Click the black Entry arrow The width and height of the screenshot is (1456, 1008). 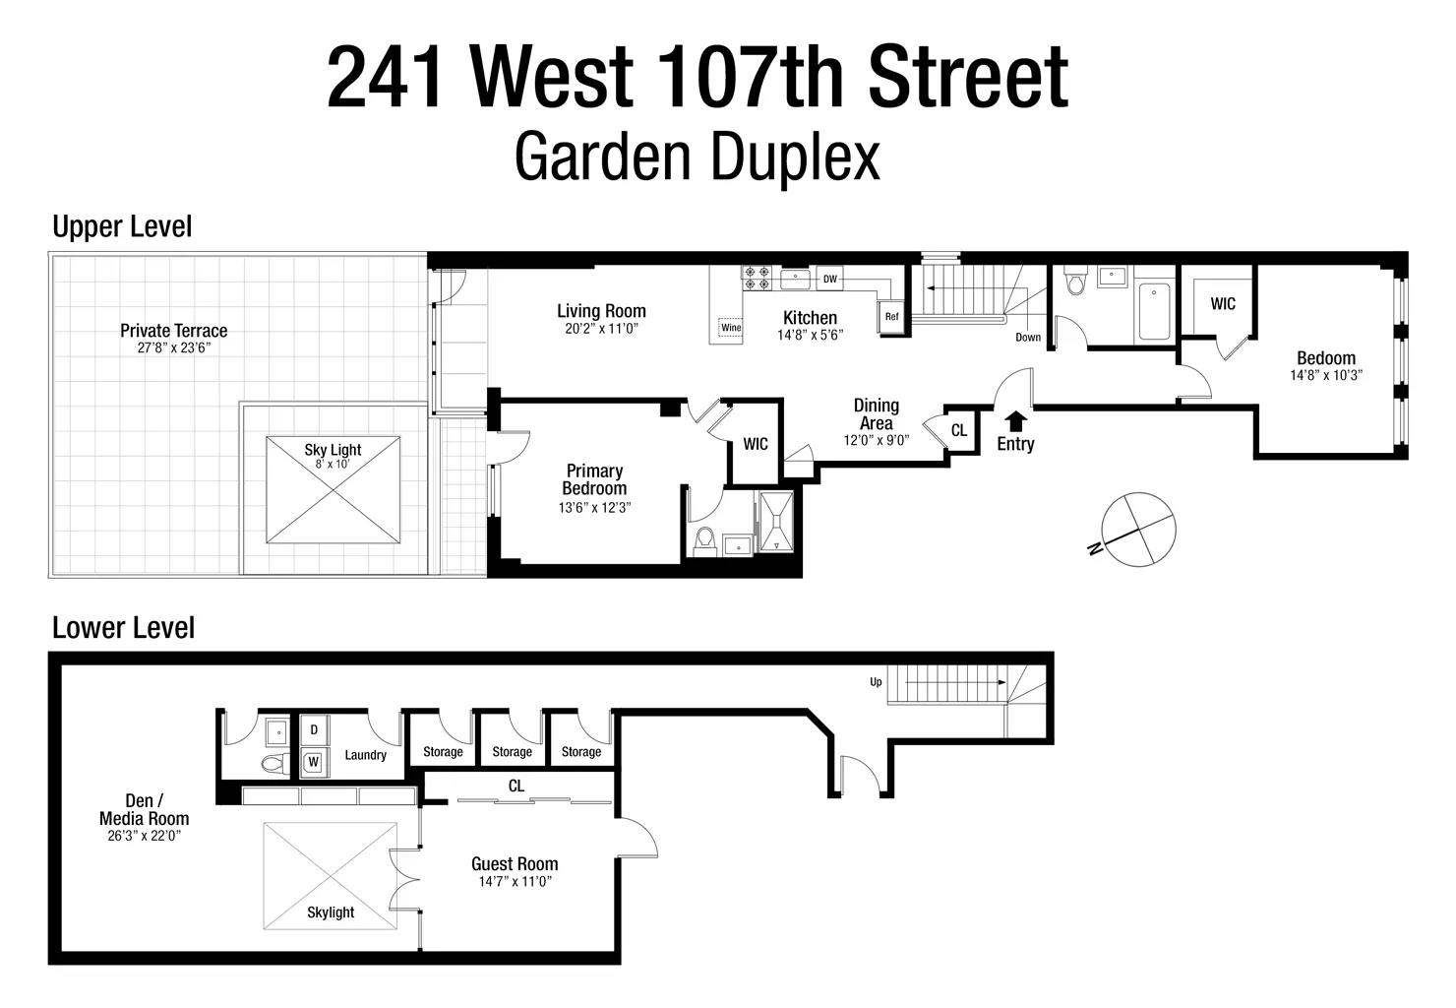pyautogui.click(x=1015, y=421)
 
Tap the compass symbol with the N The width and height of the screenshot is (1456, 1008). pyautogui.click(x=1138, y=529)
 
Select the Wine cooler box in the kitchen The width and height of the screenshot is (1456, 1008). pyautogui.click(x=731, y=328)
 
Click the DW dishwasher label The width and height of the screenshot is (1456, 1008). pyautogui.click(x=829, y=280)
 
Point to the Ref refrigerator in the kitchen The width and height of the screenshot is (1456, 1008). pyautogui.click(x=891, y=317)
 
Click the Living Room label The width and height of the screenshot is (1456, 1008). pyautogui.click(x=601, y=312)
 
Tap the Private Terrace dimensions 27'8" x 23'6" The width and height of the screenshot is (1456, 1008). pyautogui.click(x=173, y=348)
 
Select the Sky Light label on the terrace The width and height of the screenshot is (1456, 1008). pyautogui.click(x=333, y=450)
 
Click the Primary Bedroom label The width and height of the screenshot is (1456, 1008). pyautogui.click(x=594, y=479)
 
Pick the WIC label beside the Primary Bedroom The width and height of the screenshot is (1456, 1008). pyautogui.click(x=755, y=444)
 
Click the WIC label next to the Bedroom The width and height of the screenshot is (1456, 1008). pyautogui.click(x=1222, y=304)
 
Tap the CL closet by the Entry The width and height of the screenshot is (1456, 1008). pyautogui.click(x=959, y=431)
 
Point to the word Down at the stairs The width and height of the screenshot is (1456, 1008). pyautogui.click(x=1028, y=338)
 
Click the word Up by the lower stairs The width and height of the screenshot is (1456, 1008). pyautogui.click(x=876, y=682)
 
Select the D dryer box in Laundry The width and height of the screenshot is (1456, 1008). pyautogui.click(x=314, y=730)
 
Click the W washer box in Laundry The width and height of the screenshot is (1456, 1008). pyautogui.click(x=314, y=761)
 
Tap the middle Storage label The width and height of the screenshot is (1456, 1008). pyautogui.click(x=512, y=752)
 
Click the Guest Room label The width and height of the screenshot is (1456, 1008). pyautogui.click(x=515, y=864)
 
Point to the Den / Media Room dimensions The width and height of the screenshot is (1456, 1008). pyautogui.click(x=145, y=836)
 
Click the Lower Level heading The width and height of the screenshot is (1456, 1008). pyautogui.click(x=124, y=628)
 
